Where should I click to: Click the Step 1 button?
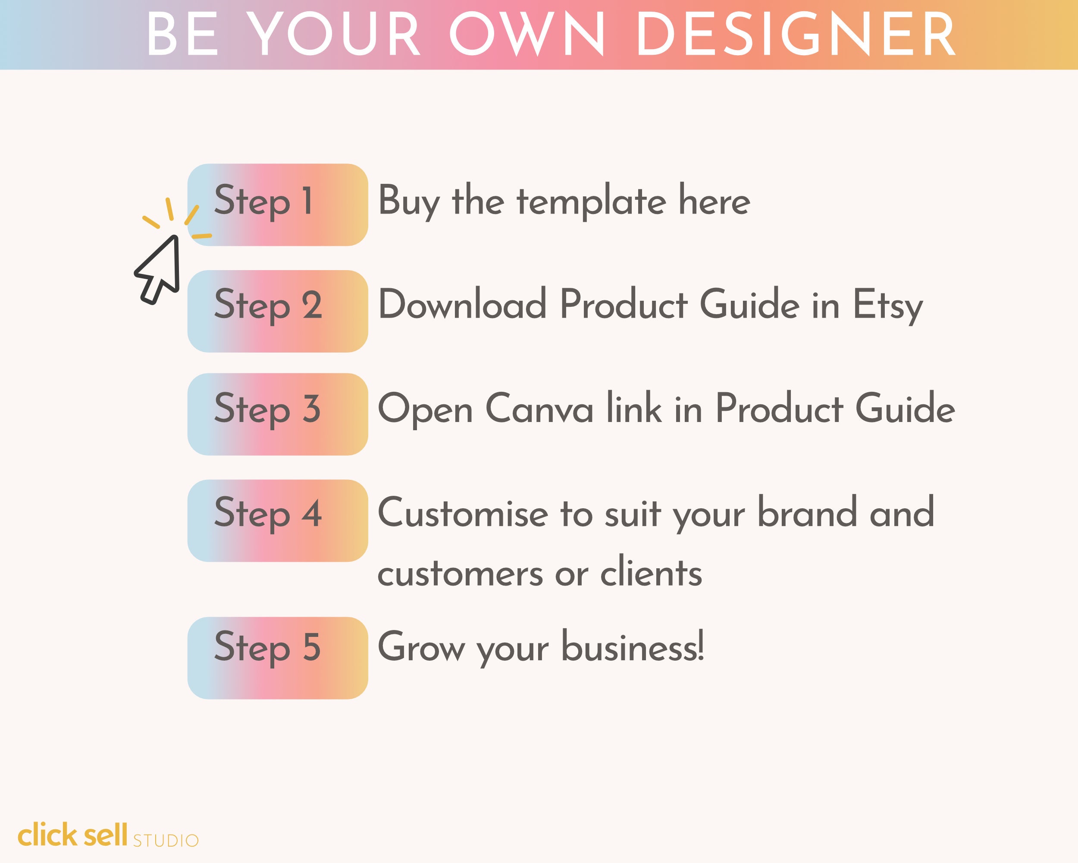coord(278,205)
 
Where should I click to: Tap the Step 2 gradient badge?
coord(278,311)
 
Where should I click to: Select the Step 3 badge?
coord(278,414)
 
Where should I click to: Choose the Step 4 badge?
coord(278,520)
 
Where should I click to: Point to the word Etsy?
coord(887,305)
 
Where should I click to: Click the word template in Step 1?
coord(591,201)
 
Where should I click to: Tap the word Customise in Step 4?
coord(463,513)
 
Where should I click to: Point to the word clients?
coord(651,573)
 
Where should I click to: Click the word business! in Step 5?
coord(633,646)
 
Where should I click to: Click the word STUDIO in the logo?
coord(166,841)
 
